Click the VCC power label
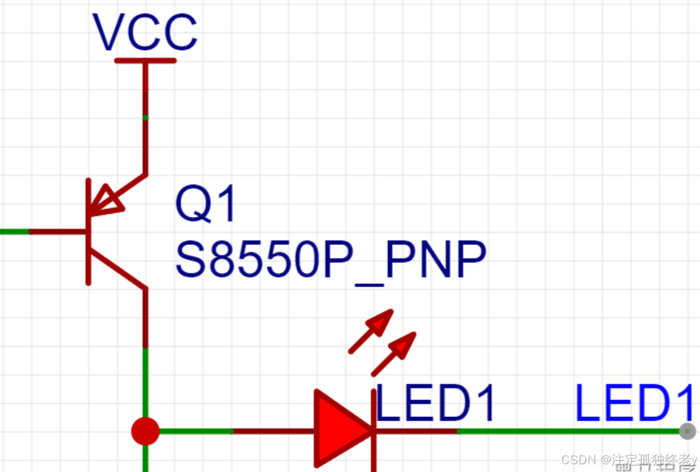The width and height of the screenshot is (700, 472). [145, 32]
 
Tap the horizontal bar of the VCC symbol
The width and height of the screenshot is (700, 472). [145, 61]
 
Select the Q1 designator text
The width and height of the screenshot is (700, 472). [206, 205]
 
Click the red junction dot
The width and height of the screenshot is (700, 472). [146, 430]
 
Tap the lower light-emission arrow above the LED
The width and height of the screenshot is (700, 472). [394, 353]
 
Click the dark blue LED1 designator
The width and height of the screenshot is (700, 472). [435, 404]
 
